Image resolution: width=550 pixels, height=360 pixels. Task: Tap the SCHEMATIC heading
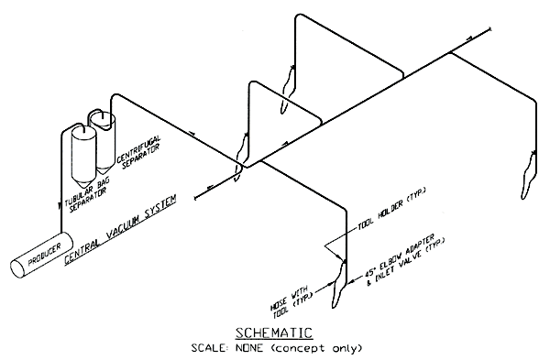[273, 332]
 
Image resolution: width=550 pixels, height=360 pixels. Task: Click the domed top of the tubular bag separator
[82, 130]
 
